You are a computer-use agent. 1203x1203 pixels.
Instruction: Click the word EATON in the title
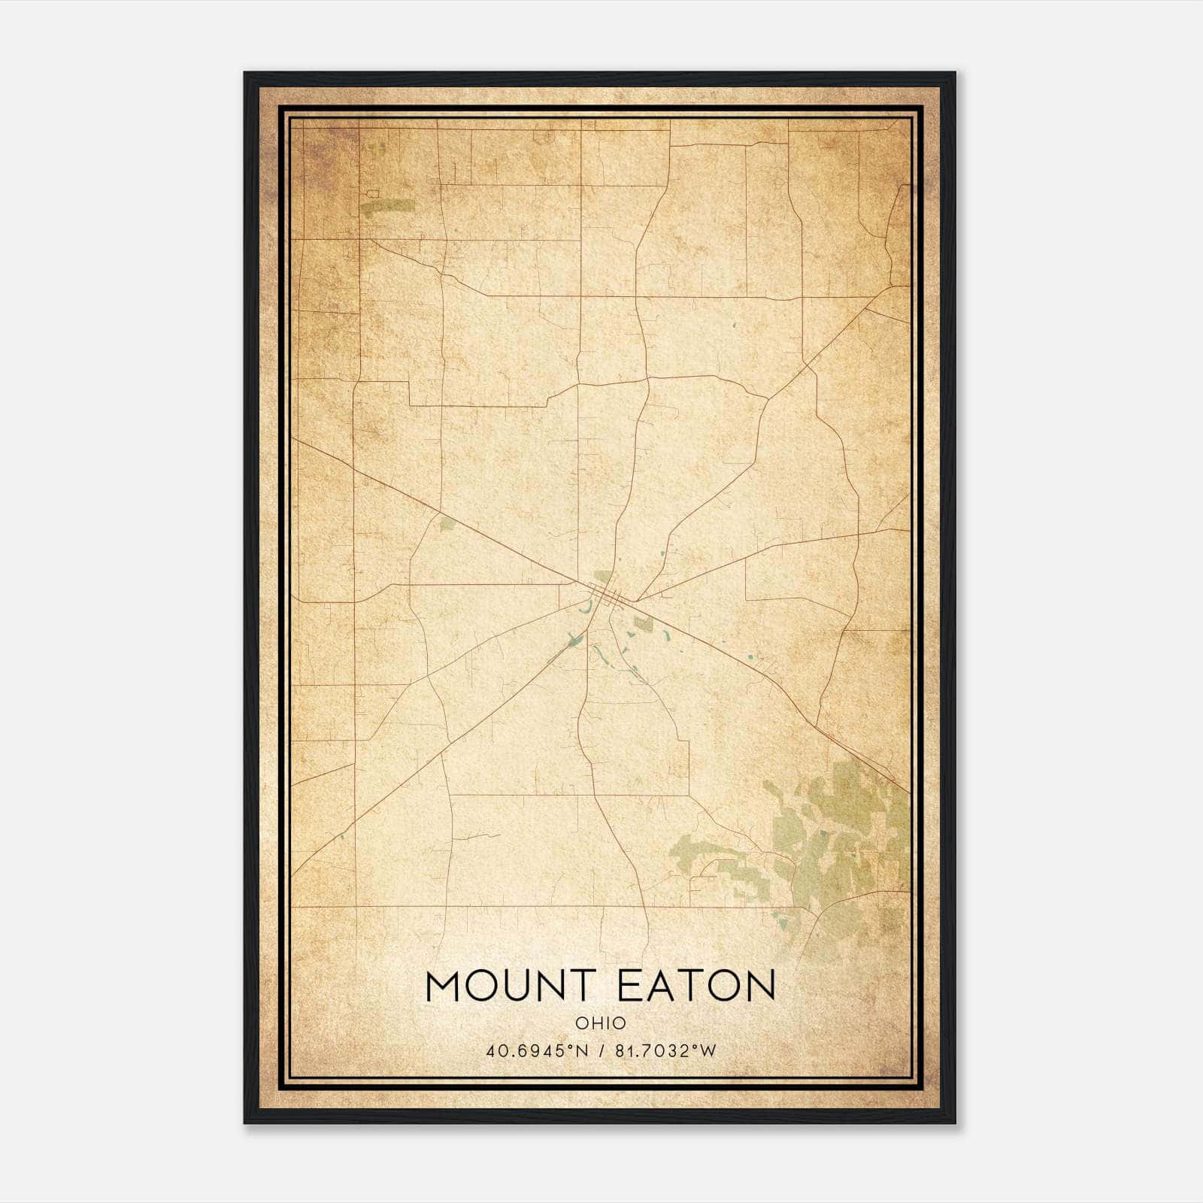pos(695,986)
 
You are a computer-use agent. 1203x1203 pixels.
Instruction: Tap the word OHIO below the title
pos(600,1023)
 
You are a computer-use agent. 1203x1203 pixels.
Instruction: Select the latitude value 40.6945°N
pos(536,1050)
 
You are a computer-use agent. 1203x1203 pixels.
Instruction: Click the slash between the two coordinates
pos(602,1050)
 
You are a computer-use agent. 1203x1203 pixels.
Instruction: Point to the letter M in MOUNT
pos(443,986)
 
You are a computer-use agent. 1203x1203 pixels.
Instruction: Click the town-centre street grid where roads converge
pos(605,595)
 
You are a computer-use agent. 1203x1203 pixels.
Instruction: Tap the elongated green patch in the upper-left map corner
pos(387,206)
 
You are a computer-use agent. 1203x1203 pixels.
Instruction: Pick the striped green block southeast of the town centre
pos(643,623)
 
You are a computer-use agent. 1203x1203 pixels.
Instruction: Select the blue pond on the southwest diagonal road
pos(575,641)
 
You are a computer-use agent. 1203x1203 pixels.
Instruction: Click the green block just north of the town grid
pos(602,577)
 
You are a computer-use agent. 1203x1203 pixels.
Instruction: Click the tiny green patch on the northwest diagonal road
pos(447,524)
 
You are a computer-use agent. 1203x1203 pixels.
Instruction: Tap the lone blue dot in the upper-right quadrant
pos(734,326)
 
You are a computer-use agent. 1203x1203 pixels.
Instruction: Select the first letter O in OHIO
pos(580,1023)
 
